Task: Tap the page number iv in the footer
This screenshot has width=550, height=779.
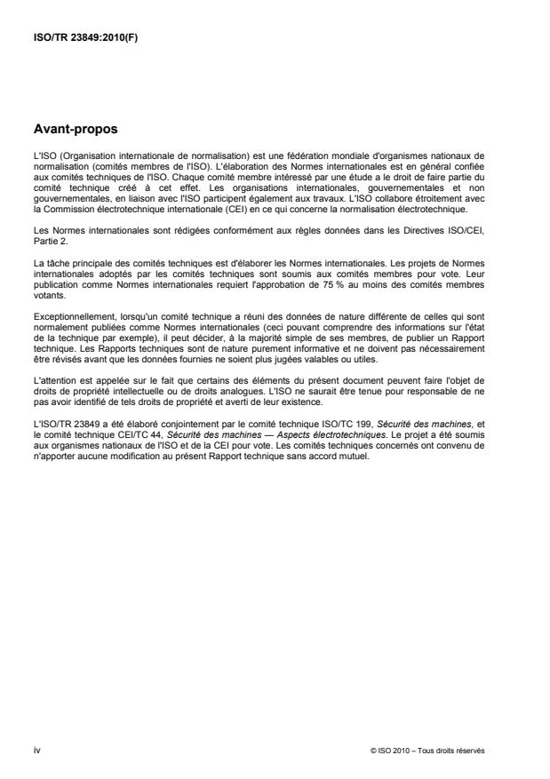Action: pyautogui.click(x=36, y=749)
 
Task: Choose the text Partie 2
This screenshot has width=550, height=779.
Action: pyautogui.click(x=48, y=266)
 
